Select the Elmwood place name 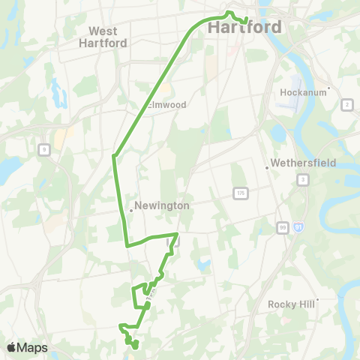tap(166, 105)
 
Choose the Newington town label tap(162, 205)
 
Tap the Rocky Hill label tap(292, 304)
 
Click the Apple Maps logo tap(27, 347)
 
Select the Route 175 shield tap(238, 193)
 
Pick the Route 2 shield tap(346, 103)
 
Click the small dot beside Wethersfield tap(268, 168)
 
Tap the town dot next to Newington tap(131, 211)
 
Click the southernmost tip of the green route tap(135, 347)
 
